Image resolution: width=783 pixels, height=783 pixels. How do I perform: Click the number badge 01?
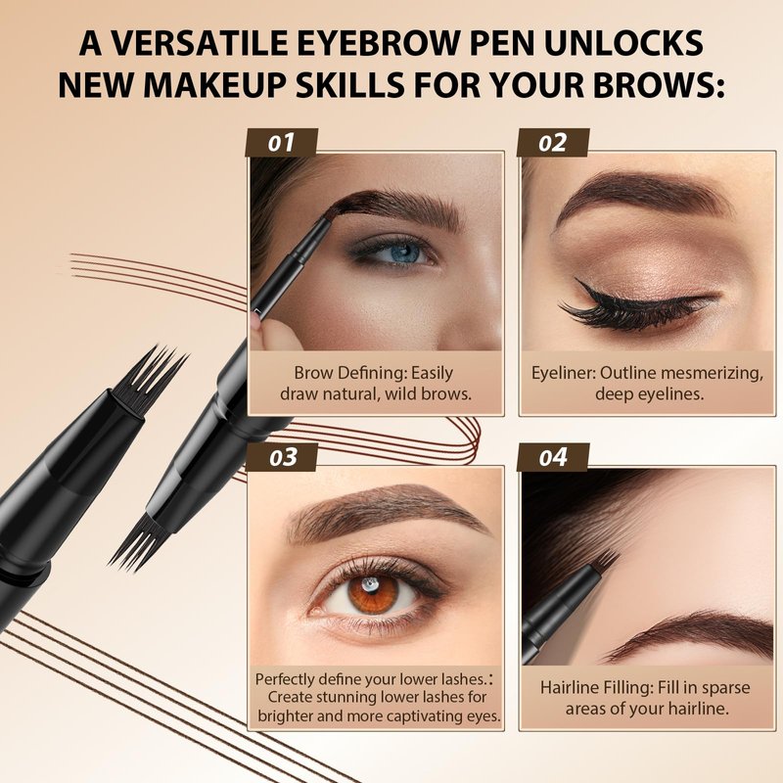pos(282,143)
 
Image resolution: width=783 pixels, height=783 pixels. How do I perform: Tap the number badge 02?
pos(553,143)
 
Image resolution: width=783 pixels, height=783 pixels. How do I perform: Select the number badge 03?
pos(282,457)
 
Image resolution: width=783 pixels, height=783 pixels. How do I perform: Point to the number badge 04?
pos(553,457)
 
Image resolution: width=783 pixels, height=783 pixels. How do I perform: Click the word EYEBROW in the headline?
pos(377,43)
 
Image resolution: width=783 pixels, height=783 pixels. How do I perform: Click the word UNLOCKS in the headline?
pos(624,43)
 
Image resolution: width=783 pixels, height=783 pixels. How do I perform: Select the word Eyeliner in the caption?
pos(563,374)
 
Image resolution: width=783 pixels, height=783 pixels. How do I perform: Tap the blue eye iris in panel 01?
pos(404,252)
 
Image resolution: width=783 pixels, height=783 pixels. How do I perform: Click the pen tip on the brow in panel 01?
pos(326,214)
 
